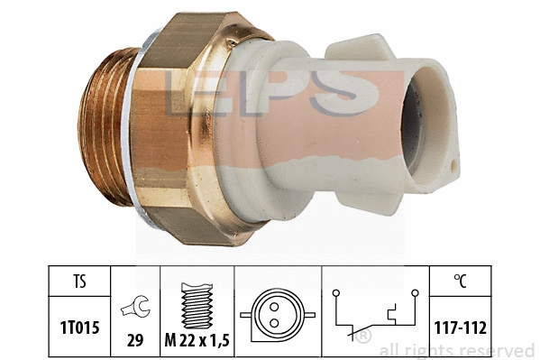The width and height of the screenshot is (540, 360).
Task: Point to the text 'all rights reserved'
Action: click(x=457, y=350)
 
